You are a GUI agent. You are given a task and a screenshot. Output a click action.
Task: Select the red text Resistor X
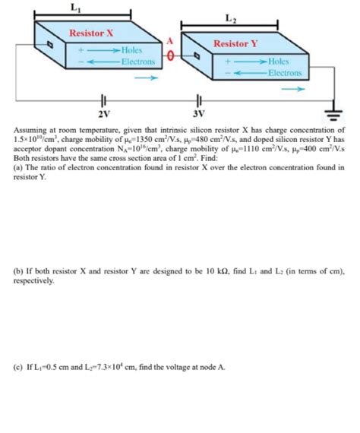tap(91, 33)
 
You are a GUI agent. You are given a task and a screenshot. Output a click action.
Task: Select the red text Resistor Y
tap(236, 43)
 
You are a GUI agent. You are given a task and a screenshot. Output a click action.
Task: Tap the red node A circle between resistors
tap(172, 55)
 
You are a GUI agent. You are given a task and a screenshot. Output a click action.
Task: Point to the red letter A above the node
tap(172, 41)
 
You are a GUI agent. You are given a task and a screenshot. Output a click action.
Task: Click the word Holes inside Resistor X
tap(135, 50)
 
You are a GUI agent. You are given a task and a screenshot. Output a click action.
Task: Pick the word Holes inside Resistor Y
tap(279, 61)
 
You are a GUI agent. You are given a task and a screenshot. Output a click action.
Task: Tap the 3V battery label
tap(199, 114)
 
